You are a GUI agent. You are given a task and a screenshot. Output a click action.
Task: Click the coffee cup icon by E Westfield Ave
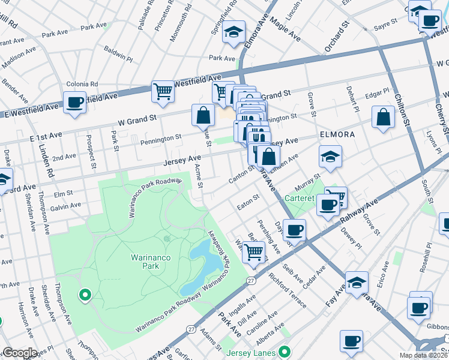point(74,101)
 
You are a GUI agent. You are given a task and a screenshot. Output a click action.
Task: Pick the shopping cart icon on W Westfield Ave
point(163,91)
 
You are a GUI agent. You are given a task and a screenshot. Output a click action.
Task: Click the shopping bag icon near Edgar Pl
point(383,117)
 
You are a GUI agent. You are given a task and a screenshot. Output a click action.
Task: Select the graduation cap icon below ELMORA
point(330,157)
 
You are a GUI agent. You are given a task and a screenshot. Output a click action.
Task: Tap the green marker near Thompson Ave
point(85,295)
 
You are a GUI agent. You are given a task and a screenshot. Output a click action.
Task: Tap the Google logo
point(20,353)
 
